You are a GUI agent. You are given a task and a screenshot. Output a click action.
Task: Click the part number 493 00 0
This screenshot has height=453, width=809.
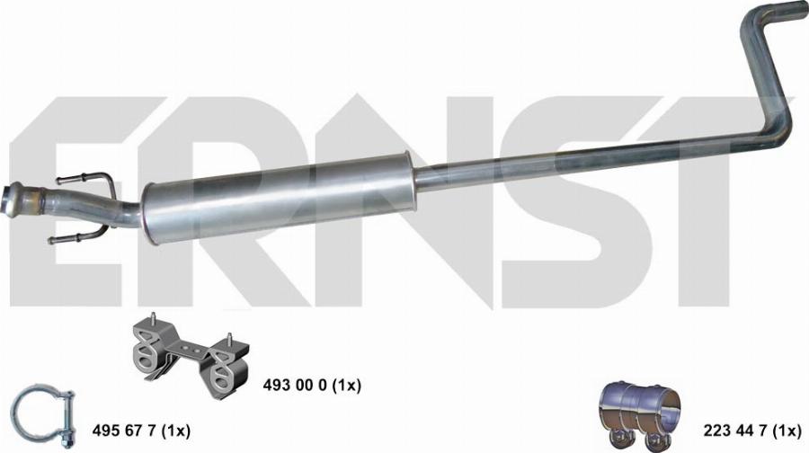(x=295, y=385)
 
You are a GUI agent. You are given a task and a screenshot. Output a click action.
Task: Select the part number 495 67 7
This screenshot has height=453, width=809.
(x=124, y=431)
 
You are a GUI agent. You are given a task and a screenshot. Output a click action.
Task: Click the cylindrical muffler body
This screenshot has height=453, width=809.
(x=279, y=197)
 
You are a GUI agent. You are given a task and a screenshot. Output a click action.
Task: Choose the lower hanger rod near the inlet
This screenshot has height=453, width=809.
(x=77, y=237)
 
